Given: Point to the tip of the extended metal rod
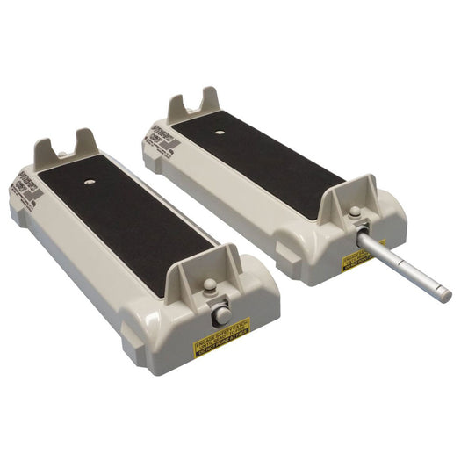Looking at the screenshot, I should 445,294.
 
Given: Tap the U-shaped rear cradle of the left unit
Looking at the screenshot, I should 67,148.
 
